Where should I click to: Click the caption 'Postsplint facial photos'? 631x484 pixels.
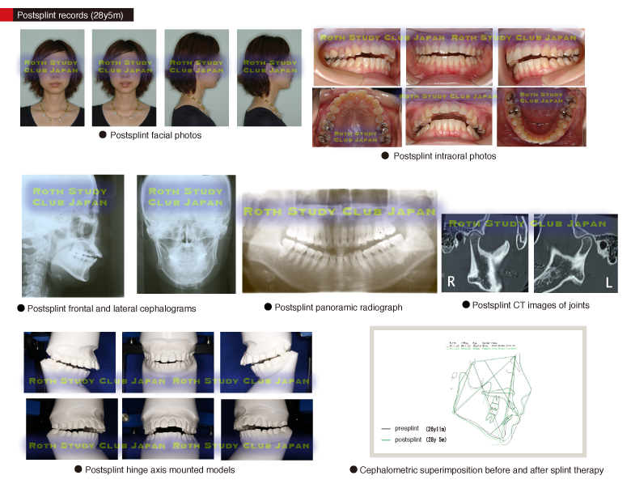[x=150, y=135]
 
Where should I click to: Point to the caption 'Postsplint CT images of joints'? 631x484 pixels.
[x=525, y=305]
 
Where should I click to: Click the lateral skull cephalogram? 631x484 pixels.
[x=73, y=236]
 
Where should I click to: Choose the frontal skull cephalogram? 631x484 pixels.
[x=186, y=236]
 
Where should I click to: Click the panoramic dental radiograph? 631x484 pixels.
[x=338, y=243]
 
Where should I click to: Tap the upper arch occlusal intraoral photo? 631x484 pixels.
[x=357, y=117]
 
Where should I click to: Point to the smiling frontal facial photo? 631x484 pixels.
[x=125, y=77]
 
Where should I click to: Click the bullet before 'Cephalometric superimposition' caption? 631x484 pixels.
[x=354, y=469]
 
